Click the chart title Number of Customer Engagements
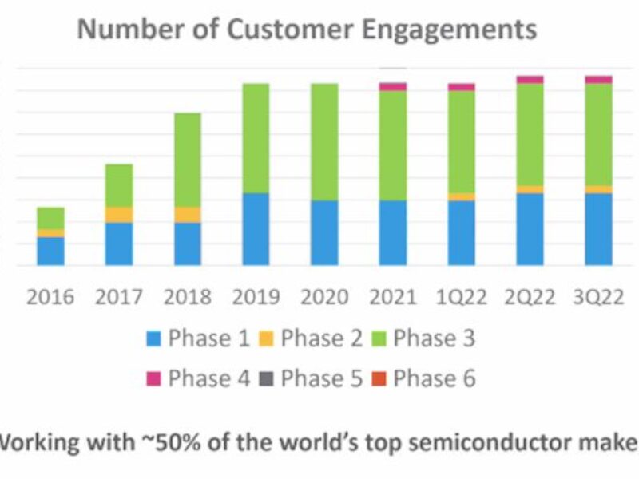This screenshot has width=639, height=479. [x=307, y=30]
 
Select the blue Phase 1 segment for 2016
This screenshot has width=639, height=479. [x=50, y=251]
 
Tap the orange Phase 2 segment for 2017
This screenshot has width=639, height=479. [x=119, y=215]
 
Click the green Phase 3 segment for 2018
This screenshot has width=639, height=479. [x=188, y=160]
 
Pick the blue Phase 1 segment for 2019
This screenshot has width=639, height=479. [x=256, y=229]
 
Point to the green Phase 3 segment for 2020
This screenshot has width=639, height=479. [x=324, y=141]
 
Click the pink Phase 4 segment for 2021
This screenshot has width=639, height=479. [x=393, y=86]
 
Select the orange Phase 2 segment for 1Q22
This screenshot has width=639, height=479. [x=461, y=196]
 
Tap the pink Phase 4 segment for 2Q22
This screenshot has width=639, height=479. [x=530, y=80]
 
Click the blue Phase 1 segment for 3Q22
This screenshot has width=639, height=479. [x=598, y=229]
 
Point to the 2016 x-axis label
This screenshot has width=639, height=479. [x=50, y=297]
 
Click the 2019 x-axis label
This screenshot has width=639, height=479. [x=256, y=297]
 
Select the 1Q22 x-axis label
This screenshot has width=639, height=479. [x=461, y=297]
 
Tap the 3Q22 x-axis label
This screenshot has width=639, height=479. [x=598, y=297]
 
